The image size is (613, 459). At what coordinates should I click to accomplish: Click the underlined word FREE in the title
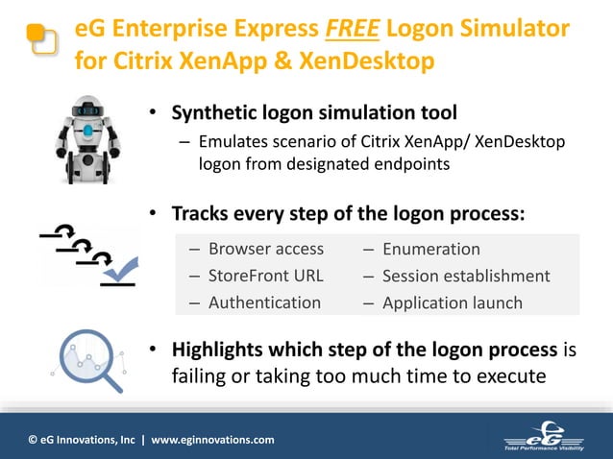coord(353,30)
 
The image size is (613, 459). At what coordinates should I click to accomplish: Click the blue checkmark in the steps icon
coord(122,273)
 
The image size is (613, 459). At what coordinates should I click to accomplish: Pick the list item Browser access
coord(266,249)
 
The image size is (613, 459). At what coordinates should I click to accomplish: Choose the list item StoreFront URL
coord(266,276)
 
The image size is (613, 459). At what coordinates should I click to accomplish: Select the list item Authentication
coord(264,302)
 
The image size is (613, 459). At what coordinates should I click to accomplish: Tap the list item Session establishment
coord(466,276)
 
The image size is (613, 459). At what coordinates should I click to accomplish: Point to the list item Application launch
coord(452,302)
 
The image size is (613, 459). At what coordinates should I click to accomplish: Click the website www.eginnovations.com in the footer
coord(212,440)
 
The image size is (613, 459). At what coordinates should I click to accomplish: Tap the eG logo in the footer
coord(549,434)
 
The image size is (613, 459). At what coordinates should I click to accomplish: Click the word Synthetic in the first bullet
coord(213,113)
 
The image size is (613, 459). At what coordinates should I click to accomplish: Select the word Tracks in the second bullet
coord(203,212)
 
